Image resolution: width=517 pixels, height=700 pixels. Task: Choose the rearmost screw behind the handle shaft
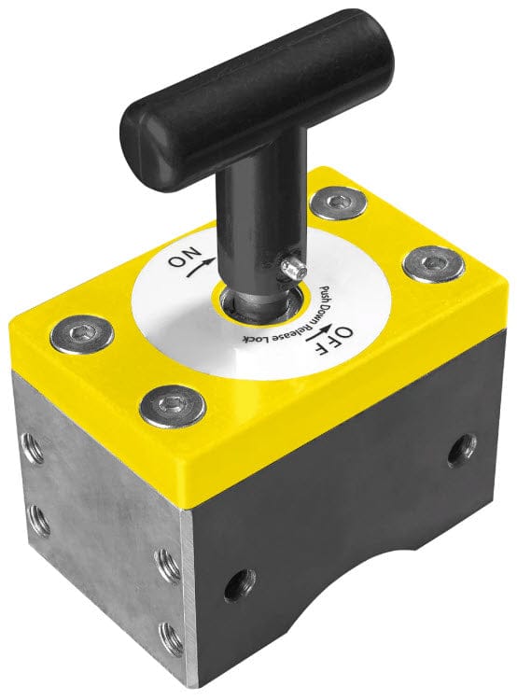[x=338, y=201]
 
